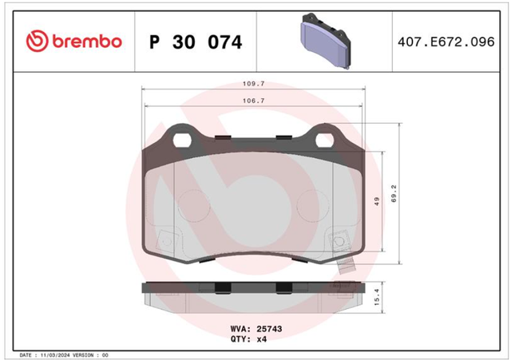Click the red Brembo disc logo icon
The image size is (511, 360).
(38, 41)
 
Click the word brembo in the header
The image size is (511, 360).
(87, 42)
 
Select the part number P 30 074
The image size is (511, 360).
(196, 42)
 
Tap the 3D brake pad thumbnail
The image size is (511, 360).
(325, 41)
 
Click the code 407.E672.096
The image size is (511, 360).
(446, 42)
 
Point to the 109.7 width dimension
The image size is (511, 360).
(254, 84)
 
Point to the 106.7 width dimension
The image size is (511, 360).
(254, 101)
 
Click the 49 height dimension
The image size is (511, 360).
(377, 201)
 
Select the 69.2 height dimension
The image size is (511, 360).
(394, 193)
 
